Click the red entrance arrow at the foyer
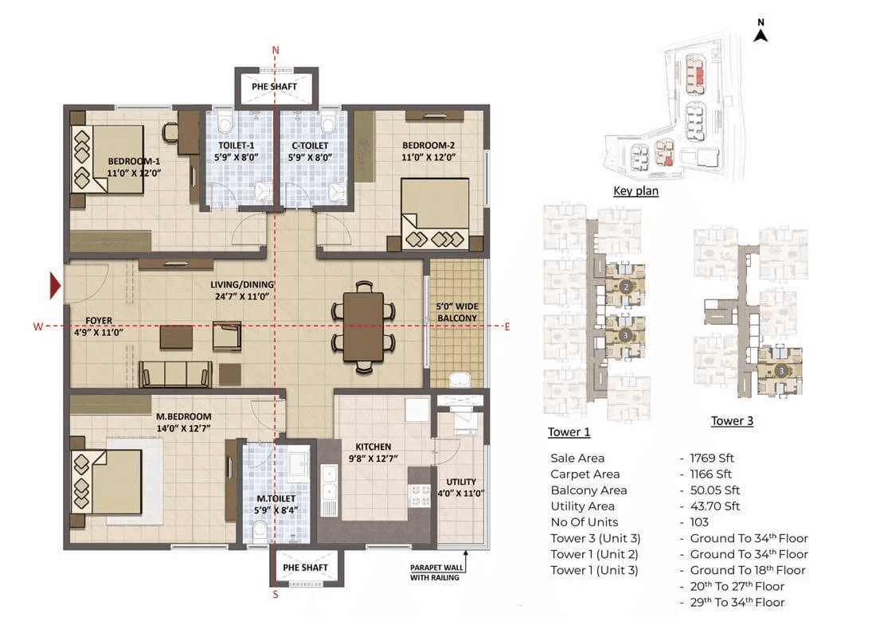pyautogui.click(x=55, y=285)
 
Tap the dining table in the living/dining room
pyautogui.click(x=363, y=326)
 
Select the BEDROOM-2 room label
pyautogui.click(x=428, y=145)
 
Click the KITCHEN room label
pyautogui.click(x=373, y=447)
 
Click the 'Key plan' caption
pyautogui.click(x=635, y=190)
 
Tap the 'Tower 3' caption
pyautogui.click(x=732, y=420)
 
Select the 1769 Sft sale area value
pyautogui.click(x=712, y=458)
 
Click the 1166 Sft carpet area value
pyautogui.click(x=710, y=474)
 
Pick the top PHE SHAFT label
pyautogui.click(x=274, y=87)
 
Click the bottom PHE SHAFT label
pyautogui.click(x=305, y=568)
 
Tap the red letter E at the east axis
pyautogui.click(x=506, y=326)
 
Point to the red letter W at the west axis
pyautogui.click(x=38, y=326)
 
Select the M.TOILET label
pyautogui.click(x=276, y=498)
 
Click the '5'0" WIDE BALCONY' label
pyautogui.click(x=457, y=312)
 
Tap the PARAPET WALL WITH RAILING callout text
pyautogui.click(x=436, y=572)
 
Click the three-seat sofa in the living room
pyautogui.click(x=175, y=373)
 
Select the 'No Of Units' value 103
pyautogui.click(x=699, y=522)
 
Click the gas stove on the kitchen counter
pyautogui.click(x=420, y=495)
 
